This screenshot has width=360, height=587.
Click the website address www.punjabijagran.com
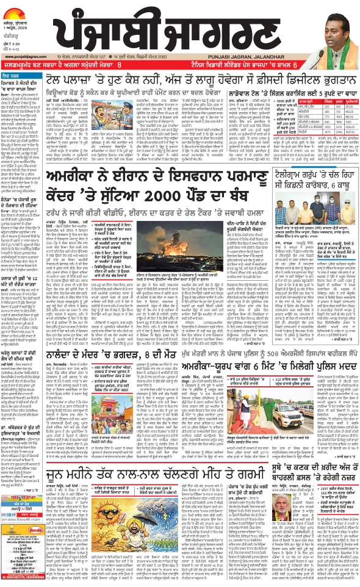coord(21,79)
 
